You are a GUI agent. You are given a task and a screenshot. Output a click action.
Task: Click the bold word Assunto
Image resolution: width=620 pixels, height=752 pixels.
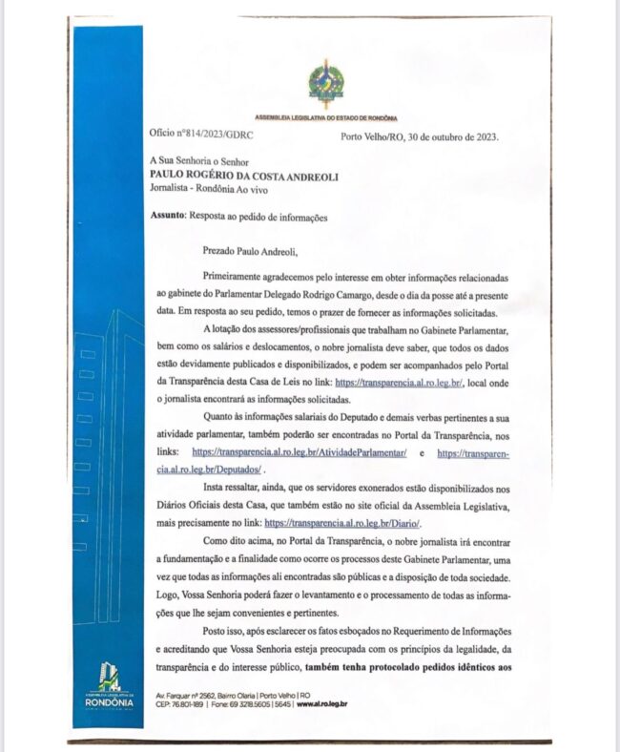click(167, 217)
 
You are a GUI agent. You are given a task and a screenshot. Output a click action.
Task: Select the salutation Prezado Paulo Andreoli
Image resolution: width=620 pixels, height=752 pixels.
click(250, 252)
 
